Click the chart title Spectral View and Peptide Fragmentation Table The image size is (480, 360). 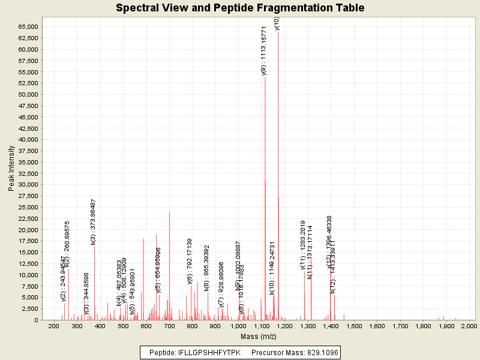click(240, 8)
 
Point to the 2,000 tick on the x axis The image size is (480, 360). click(468, 325)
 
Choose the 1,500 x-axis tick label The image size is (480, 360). click(354, 325)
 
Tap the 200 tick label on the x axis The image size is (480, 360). click(54, 325)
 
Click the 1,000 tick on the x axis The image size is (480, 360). click(239, 325)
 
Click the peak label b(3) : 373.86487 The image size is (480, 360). click(94, 222)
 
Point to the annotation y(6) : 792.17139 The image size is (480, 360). click(190, 261)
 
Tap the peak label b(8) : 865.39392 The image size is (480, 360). click(206, 268)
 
